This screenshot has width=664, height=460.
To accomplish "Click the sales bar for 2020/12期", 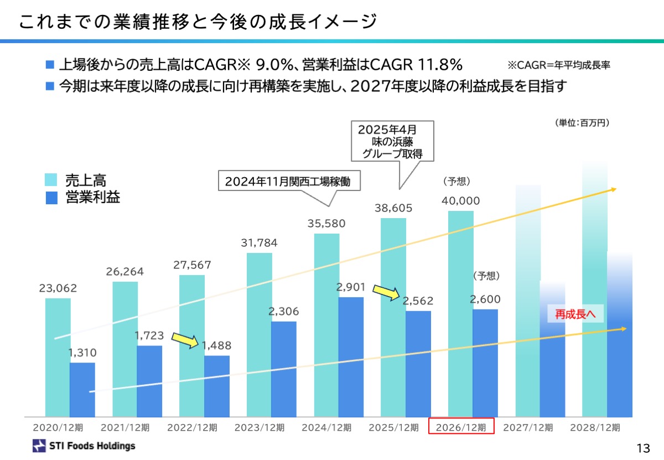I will (x=58, y=357).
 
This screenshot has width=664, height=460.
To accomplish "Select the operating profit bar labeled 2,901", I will (x=351, y=357).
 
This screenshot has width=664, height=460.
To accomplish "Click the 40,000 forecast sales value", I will (x=461, y=200).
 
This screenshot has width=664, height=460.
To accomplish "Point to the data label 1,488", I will (x=216, y=345).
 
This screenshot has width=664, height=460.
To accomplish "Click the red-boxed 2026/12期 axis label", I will (x=461, y=427).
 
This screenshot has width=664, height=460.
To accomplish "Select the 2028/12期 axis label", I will (x=595, y=427).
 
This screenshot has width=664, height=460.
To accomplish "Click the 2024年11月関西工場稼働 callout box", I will (x=288, y=182).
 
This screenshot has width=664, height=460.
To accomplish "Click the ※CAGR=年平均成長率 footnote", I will (x=559, y=65).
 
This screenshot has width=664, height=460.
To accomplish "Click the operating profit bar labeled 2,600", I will (x=485, y=363).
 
